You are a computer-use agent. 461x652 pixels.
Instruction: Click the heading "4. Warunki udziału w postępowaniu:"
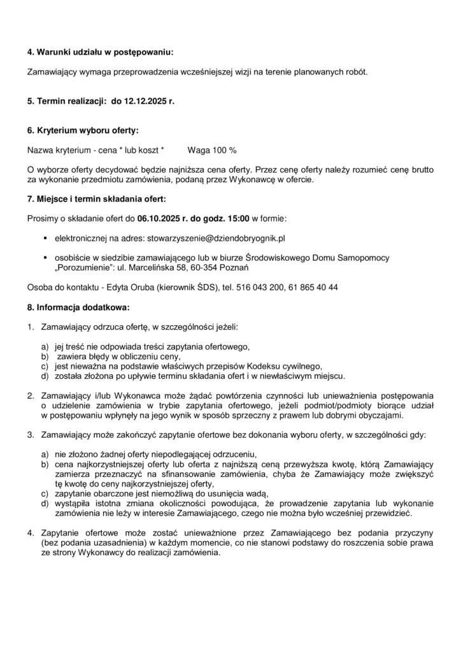[x=100, y=52]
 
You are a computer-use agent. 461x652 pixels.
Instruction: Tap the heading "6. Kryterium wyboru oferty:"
[x=82, y=130]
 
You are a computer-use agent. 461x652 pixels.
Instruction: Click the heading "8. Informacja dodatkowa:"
[x=78, y=308]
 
